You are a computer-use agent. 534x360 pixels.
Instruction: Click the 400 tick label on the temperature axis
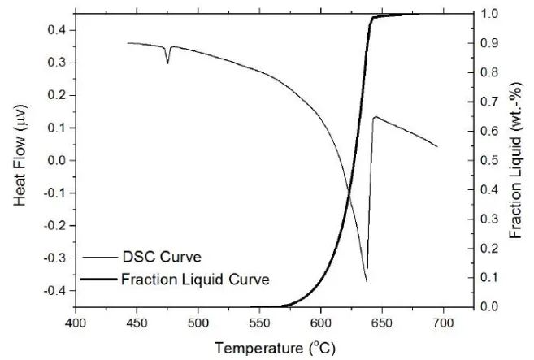[x=76, y=323]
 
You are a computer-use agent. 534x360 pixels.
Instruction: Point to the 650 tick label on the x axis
[x=382, y=323]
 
